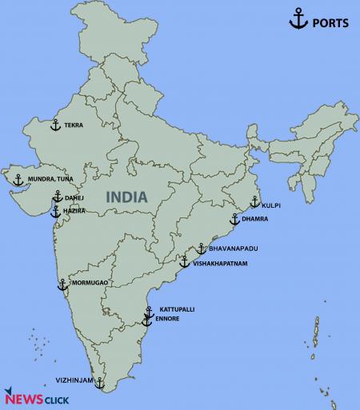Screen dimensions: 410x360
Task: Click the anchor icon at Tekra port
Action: click(55, 125)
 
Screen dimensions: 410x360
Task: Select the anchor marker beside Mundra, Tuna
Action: click(18, 179)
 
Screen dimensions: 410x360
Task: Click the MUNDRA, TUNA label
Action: click(50, 179)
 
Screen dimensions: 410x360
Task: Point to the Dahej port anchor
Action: click(57, 197)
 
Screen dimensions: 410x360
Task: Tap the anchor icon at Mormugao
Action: click(62, 284)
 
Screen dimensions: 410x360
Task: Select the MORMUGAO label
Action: click(88, 284)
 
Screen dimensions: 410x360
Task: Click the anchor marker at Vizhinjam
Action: click(99, 383)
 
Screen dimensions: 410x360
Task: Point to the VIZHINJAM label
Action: click(74, 380)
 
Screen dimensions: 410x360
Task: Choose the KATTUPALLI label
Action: click(177, 308)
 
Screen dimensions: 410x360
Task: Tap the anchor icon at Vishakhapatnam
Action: click(184, 261)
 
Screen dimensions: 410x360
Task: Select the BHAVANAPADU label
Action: click(231, 249)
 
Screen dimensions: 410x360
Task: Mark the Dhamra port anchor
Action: click(234, 218)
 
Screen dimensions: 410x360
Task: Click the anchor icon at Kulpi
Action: click(254, 202)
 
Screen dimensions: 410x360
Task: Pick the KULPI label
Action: click(271, 205)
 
